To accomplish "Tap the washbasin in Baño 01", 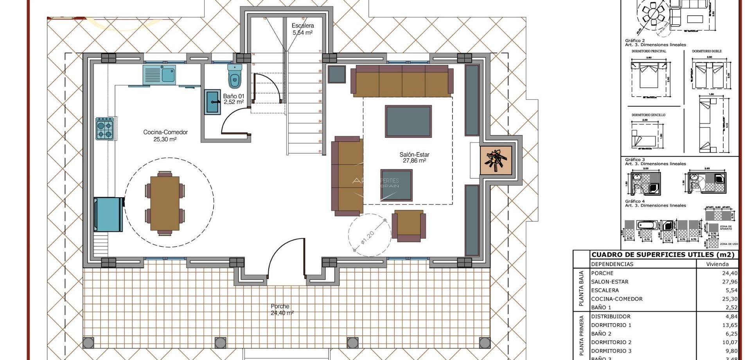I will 212,102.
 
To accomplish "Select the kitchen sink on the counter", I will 159,75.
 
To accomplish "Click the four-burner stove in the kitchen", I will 105,129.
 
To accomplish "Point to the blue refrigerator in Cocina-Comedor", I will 108,214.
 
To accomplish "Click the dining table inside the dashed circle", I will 165,203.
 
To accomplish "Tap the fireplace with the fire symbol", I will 496,160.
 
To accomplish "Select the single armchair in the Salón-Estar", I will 409,225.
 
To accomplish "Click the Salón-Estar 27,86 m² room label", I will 414,157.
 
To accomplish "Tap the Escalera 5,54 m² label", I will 303,29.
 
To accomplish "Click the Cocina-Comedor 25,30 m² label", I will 165,135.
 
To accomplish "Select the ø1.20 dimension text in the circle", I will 368,238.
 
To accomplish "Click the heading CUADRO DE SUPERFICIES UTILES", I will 663,255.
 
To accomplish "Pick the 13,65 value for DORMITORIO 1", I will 729,325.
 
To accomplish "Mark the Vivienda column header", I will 717,264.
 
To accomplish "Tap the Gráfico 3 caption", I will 635,160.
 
